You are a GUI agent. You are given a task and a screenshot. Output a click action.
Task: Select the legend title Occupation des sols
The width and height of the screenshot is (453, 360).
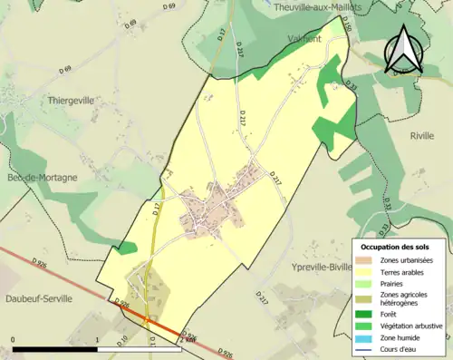click(395, 247)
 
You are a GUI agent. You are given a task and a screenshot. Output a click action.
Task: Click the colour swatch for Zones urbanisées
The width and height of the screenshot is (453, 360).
click(364, 260)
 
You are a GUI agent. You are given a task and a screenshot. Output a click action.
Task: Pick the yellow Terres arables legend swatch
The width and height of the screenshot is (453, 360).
click(364, 271)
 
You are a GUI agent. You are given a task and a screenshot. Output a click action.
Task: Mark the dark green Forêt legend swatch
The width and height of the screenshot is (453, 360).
click(364, 315)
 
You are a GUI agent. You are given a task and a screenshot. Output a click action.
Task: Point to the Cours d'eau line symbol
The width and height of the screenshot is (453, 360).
click(364, 347)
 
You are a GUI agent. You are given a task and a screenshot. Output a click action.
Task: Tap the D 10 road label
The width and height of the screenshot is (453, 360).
click(124, 341)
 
